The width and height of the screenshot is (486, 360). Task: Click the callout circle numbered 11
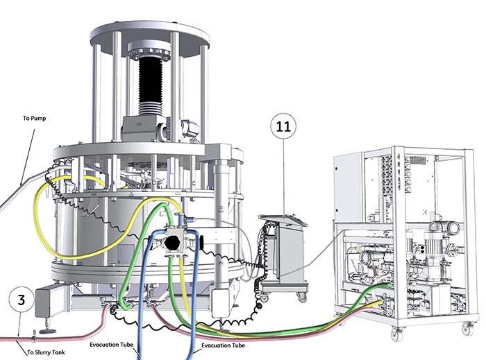pyautogui.click(x=283, y=126)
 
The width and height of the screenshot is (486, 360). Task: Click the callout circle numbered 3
pyautogui.click(x=21, y=300)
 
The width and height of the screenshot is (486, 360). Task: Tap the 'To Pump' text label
pyautogui.click(x=35, y=118)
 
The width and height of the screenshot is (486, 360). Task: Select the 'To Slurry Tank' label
pyautogui.click(x=47, y=352)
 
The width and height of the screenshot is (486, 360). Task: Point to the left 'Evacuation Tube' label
pyautogui.click(x=112, y=345)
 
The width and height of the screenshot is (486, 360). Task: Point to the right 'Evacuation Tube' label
pyautogui.click(x=223, y=345)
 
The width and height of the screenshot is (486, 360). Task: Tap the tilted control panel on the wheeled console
pyautogui.click(x=283, y=219)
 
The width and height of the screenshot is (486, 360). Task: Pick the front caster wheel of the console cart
pyautogui.click(x=301, y=297)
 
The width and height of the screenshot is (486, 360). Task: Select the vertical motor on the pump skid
pyautogui.click(x=433, y=245)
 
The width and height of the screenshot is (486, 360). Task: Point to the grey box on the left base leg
pyautogui.click(x=49, y=301)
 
